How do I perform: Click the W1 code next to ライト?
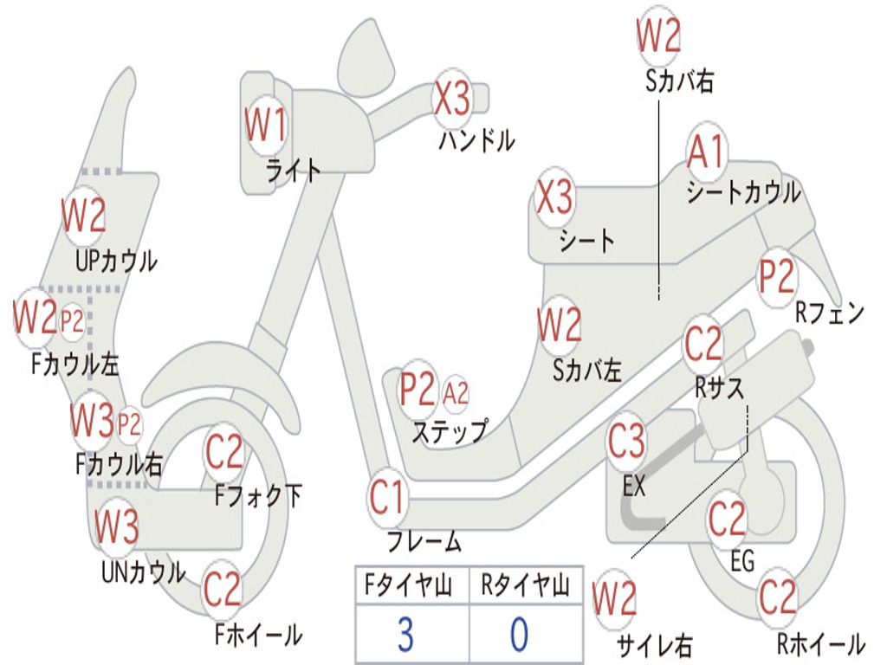pyautogui.click(x=265, y=126)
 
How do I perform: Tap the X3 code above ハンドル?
pyautogui.click(x=452, y=99)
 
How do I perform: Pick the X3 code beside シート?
pyautogui.click(x=554, y=198)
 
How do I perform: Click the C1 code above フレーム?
pyautogui.click(x=387, y=499)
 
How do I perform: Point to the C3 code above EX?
pyautogui.click(x=626, y=442)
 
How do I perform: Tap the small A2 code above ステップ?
pyautogui.click(x=456, y=394)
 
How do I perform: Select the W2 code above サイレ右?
pyautogui.click(x=614, y=598)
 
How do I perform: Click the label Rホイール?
pyautogui.click(x=820, y=643)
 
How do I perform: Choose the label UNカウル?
pyautogui.click(x=143, y=571)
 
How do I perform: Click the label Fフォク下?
pyautogui.click(x=258, y=496)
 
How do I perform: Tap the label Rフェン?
pyautogui.click(x=830, y=313)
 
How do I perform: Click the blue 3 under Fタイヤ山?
pyautogui.click(x=405, y=635)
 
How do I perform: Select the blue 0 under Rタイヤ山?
pyautogui.click(x=519, y=635)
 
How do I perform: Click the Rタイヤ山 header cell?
pyautogui.click(x=525, y=588)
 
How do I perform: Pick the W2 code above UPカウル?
pyautogui.click(x=83, y=216)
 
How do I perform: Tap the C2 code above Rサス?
pyautogui.click(x=702, y=345)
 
